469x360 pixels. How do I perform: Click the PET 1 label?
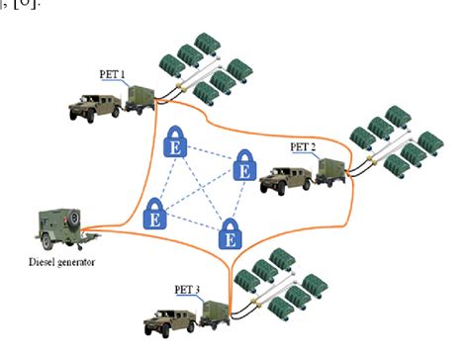pos(113,74)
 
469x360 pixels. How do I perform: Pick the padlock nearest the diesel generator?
pos(155,212)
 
